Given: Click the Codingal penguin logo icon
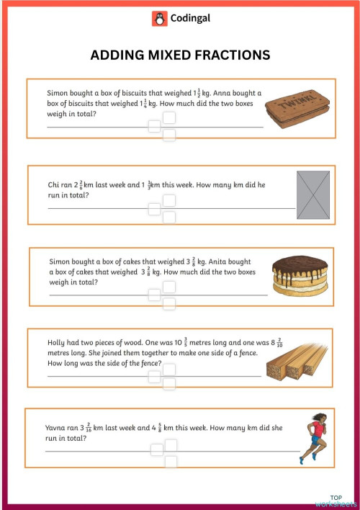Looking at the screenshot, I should coord(159,19).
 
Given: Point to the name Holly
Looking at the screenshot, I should coord(56,344).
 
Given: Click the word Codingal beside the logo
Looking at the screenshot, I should coord(189,19).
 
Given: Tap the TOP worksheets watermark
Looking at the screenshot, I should coord(336,501).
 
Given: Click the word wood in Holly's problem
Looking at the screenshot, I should coord(134,344).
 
